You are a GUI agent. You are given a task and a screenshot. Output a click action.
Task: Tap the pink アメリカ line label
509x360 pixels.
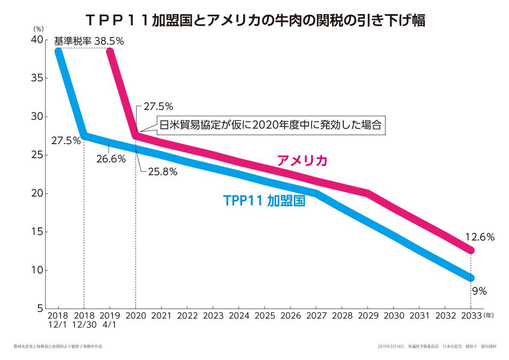tap(302, 161)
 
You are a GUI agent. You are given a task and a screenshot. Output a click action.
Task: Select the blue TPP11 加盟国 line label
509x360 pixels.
tap(264, 201)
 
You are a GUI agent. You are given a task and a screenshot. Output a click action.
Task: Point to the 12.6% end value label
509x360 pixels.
tap(480, 237)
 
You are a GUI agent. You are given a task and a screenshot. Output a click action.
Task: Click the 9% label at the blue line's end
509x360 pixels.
tap(479, 292)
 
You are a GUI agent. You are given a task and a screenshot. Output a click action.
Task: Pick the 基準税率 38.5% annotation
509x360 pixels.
tap(89, 41)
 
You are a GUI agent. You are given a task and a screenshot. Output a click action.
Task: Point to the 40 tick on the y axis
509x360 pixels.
tap(37, 39)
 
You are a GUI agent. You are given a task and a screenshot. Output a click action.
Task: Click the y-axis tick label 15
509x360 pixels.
tap(37, 232)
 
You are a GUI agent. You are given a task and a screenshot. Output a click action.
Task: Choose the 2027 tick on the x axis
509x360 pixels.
tap(316, 316)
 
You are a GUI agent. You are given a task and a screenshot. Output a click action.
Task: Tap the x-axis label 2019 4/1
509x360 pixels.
tap(110, 320)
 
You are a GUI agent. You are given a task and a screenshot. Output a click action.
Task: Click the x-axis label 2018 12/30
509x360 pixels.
tap(84, 320)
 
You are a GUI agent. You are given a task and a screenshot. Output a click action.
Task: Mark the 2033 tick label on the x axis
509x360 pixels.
tap(471, 316)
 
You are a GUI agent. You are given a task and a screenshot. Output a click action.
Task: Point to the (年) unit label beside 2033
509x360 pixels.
tap(489, 316)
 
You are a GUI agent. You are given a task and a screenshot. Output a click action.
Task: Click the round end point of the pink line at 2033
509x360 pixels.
tap(471, 251)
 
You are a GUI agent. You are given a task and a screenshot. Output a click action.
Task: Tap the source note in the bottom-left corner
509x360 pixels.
tap(58, 346)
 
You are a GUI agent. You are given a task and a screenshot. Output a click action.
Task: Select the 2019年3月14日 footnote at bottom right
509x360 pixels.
tap(437, 346)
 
